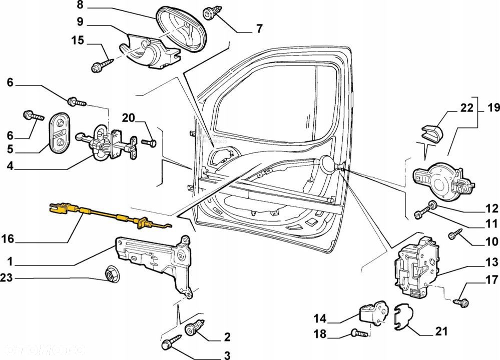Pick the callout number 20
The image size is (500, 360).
(x=128, y=118)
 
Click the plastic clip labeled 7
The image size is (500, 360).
(x=209, y=13)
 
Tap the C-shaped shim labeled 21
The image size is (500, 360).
(x=402, y=318)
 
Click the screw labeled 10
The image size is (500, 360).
(x=456, y=233)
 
